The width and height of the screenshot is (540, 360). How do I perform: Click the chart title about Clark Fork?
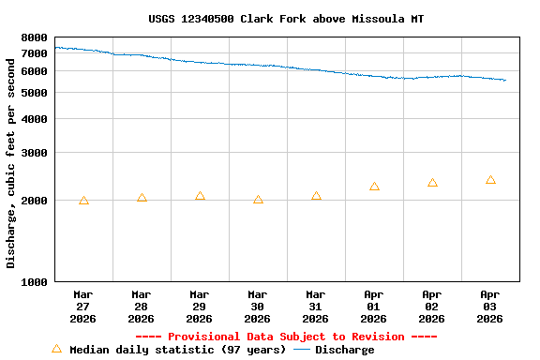pyautogui.click(x=286, y=19)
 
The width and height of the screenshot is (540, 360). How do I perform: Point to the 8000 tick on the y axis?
pyautogui.click(x=34, y=37)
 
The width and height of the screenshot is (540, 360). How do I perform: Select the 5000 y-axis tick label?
pyautogui.click(x=34, y=93)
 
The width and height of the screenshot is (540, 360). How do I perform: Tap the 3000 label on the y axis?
pyautogui.click(x=34, y=153)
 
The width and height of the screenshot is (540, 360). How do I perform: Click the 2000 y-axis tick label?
pyautogui.click(x=34, y=201)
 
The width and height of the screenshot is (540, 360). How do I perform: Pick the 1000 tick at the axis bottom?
pyautogui.click(x=34, y=282)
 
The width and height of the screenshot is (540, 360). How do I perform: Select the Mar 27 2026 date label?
pyautogui.click(x=83, y=307)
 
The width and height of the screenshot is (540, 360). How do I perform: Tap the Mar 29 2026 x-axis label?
pyautogui.click(x=200, y=307)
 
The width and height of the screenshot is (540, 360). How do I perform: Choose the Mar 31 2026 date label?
pyautogui.click(x=316, y=307)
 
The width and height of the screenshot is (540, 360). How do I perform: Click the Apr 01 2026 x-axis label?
pyautogui.click(x=374, y=307)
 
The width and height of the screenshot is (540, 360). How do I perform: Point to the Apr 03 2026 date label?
pyautogui.click(x=490, y=307)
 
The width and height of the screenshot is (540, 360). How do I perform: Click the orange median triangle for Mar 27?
pyautogui.click(x=83, y=201)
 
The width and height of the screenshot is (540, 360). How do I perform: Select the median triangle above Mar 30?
pyautogui.click(x=258, y=200)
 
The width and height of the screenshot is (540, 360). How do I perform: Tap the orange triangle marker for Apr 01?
pyautogui.click(x=374, y=187)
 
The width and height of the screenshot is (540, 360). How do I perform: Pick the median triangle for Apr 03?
pyautogui.click(x=490, y=180)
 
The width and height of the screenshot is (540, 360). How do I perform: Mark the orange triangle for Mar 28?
pyautogui.click(x=142, y=198)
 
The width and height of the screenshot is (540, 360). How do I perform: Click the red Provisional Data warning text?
pyautogui.click(x=286, y=337)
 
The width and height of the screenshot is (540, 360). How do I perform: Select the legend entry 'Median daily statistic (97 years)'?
pyautogui.click(x=169, y=350)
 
